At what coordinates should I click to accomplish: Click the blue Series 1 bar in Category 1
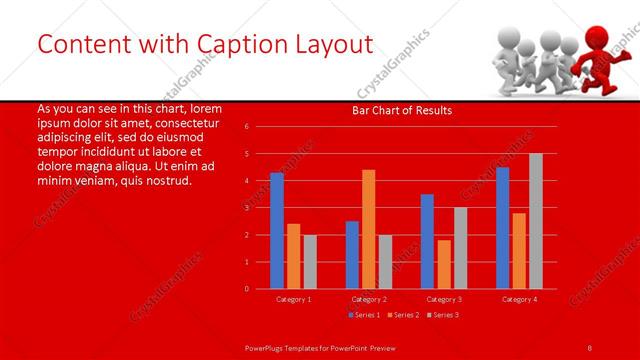[277, 231]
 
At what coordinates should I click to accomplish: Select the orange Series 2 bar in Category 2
[368, 229]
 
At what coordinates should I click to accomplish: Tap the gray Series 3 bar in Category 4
[536, 221]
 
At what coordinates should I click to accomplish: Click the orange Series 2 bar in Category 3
[443, 264]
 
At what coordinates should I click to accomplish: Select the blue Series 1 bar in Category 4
[502, 228]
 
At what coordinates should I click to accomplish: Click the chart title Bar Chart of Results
[402, 110]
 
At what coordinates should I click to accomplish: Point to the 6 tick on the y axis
[247, 127]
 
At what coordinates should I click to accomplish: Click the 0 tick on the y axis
[247, 289]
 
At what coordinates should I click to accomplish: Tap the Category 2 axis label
[368, 299]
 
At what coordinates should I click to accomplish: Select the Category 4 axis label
[519, 299]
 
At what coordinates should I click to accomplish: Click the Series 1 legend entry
[363, 315]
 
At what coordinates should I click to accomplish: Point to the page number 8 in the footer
[589, 347]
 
